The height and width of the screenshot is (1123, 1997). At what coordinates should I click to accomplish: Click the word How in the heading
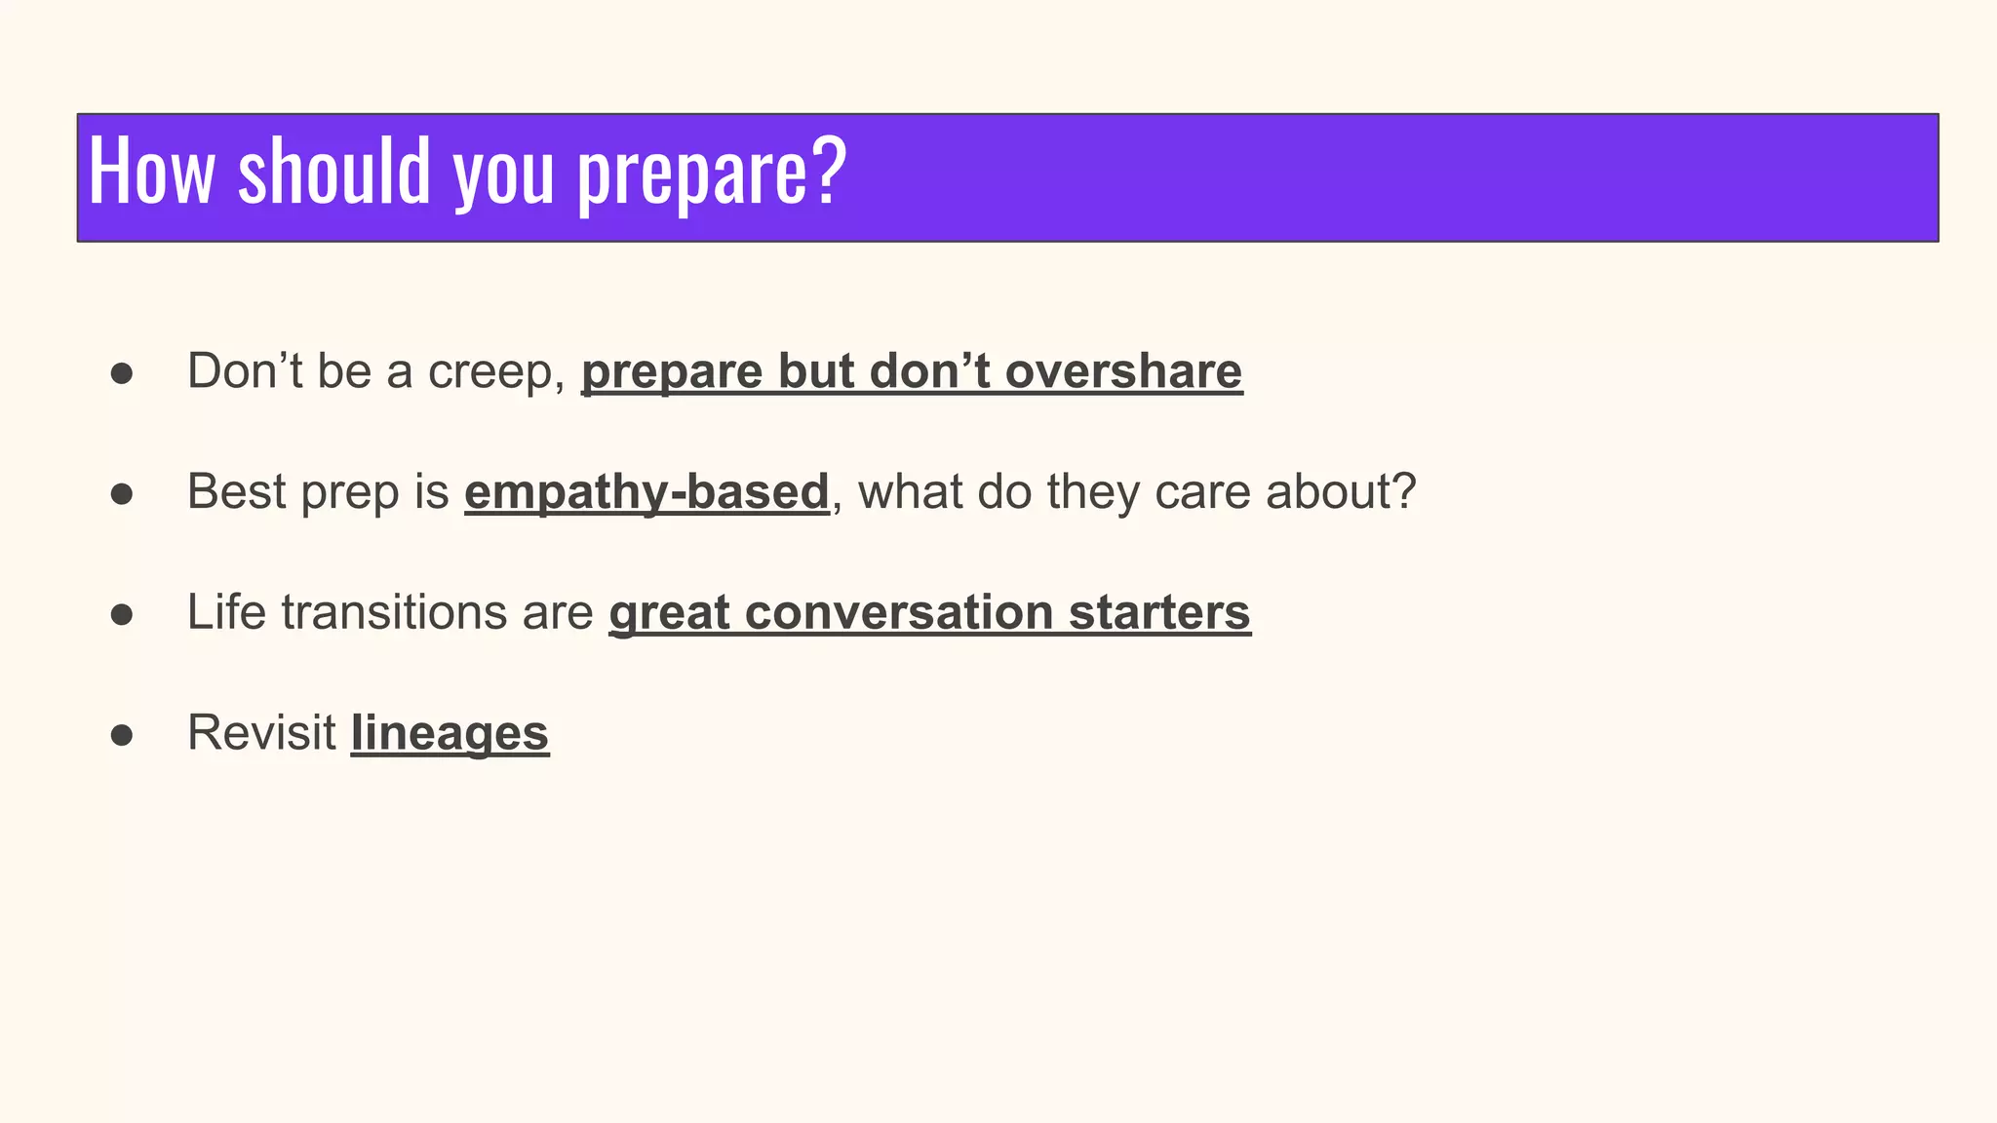[151, 172]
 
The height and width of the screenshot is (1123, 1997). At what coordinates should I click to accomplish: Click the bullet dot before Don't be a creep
[122, 373]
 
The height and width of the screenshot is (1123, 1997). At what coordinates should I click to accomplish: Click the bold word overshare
[1123, 371]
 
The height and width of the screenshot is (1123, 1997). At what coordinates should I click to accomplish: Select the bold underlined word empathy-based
[646, 491]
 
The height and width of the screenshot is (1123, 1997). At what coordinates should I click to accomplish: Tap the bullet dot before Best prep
[122, 494]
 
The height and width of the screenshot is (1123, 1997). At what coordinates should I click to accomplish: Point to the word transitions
[394, 612]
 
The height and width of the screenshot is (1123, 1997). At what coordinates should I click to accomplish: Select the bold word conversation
[899, 612]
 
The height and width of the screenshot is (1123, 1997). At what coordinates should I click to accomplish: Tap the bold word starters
[1159, 612]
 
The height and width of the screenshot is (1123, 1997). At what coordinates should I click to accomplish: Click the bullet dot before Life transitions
[122, 615]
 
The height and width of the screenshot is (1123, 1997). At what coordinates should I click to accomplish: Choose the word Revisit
[261, 732]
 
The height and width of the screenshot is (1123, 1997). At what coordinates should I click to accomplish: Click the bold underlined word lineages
[450, 733]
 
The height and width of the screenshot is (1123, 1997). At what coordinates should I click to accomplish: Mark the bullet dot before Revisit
[122, 736]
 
